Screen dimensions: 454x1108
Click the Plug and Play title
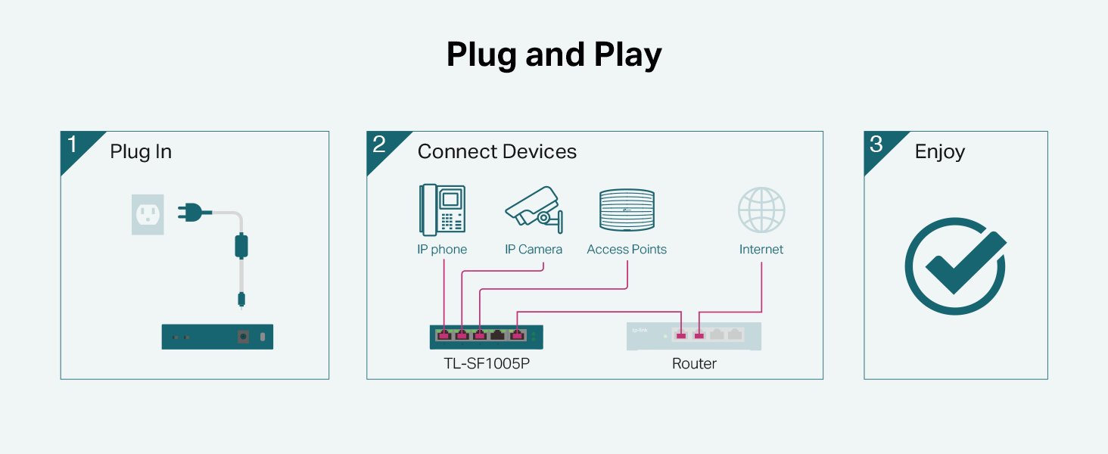(x=554, y=55)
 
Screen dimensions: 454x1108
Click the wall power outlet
(x=148, y=214)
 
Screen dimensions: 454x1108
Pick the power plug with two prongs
(x=192, y=213)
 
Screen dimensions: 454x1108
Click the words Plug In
(x=141, y=152)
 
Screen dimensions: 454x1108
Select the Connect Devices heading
(x=496, y=152)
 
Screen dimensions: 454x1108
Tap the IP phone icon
(x=441, y=210)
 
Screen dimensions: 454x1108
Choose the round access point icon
(x=626, y=210)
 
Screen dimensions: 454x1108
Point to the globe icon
(x=761, y=210)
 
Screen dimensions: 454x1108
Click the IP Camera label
(x=534, y=250)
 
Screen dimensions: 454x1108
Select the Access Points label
(x=627, y=250)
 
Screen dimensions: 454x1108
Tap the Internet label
(x=761, y=250)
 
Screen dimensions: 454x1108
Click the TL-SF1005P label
(x=486, y=364)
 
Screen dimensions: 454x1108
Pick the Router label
(x=694, y=364)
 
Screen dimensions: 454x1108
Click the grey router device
(x=694, y=336)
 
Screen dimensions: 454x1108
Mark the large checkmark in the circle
(x=956, y=266)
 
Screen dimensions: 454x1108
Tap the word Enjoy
(x=940, y=152)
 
